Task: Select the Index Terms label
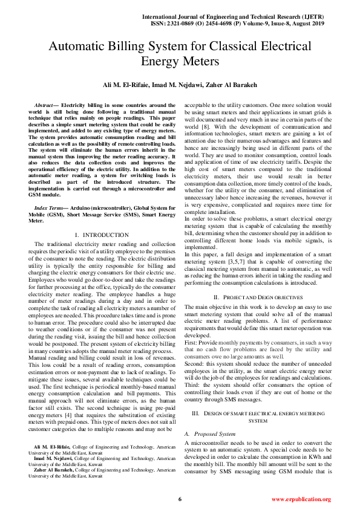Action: click(52, 207)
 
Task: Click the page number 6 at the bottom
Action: click(180, 499)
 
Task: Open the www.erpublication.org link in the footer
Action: click(301, 499)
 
